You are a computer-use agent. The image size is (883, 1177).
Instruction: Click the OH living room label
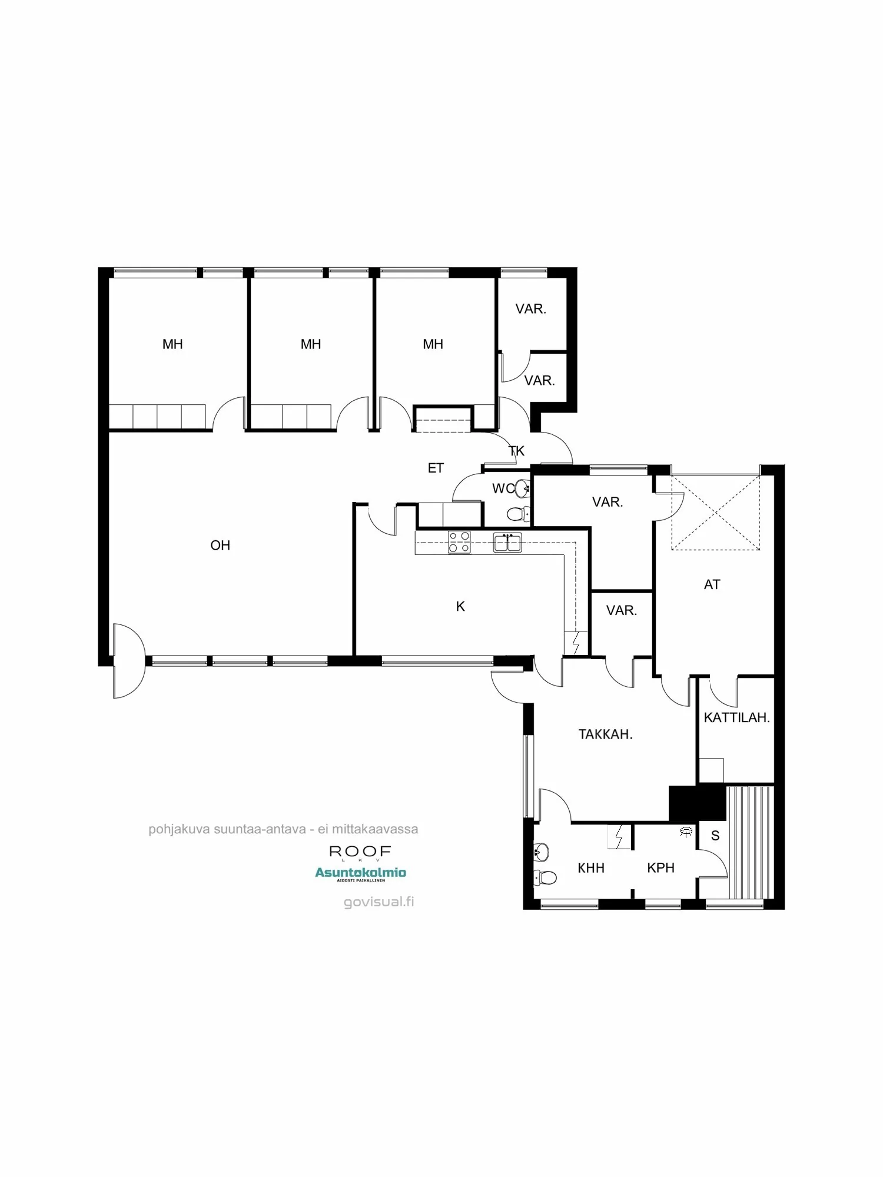point(220,546)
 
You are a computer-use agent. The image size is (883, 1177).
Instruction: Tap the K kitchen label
point(460,606)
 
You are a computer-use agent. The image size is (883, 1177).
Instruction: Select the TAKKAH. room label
point(605,734)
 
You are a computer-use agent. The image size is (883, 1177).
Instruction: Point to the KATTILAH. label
point(736,717)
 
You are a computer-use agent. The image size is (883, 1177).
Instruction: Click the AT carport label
point(712,584)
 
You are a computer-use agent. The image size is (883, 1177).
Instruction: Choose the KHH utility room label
point(591,867)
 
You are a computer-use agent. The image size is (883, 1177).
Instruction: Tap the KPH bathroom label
point(660,867)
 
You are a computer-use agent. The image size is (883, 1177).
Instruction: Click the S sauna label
point(715,836)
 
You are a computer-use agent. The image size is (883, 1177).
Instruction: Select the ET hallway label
point(436,468)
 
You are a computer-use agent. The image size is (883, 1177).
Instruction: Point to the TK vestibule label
point(516,451)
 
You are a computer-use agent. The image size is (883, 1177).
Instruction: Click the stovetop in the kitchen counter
point(459,542)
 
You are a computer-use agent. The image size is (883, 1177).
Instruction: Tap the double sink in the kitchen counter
point(507,542)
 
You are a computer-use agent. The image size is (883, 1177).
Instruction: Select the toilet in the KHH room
point(545,878)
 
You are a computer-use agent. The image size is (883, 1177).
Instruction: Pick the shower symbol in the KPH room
point(686,832)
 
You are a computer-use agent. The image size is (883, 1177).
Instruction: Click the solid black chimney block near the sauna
point(697,803)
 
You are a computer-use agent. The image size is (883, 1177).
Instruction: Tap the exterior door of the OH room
point(128,661)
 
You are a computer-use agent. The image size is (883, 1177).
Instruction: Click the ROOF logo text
point(360,852)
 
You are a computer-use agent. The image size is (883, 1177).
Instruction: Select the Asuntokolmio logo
point(360,873)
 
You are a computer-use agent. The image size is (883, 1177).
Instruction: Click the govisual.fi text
point(379,902)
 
